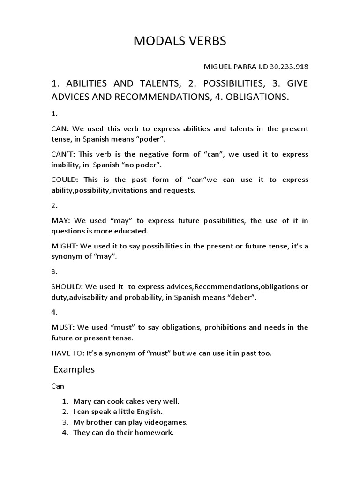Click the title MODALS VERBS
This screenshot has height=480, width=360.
[180, 41]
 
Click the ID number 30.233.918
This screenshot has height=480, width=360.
[289, 66]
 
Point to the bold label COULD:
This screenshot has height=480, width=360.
[62, 180]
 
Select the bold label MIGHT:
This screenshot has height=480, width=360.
[63, 246]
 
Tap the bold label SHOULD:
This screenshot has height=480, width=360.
[67, 287]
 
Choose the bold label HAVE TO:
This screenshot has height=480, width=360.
[68, 353]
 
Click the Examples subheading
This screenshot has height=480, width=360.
[74, 369]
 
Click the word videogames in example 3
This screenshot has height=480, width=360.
[167, 422]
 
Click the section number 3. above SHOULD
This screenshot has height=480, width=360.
[54, 271]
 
